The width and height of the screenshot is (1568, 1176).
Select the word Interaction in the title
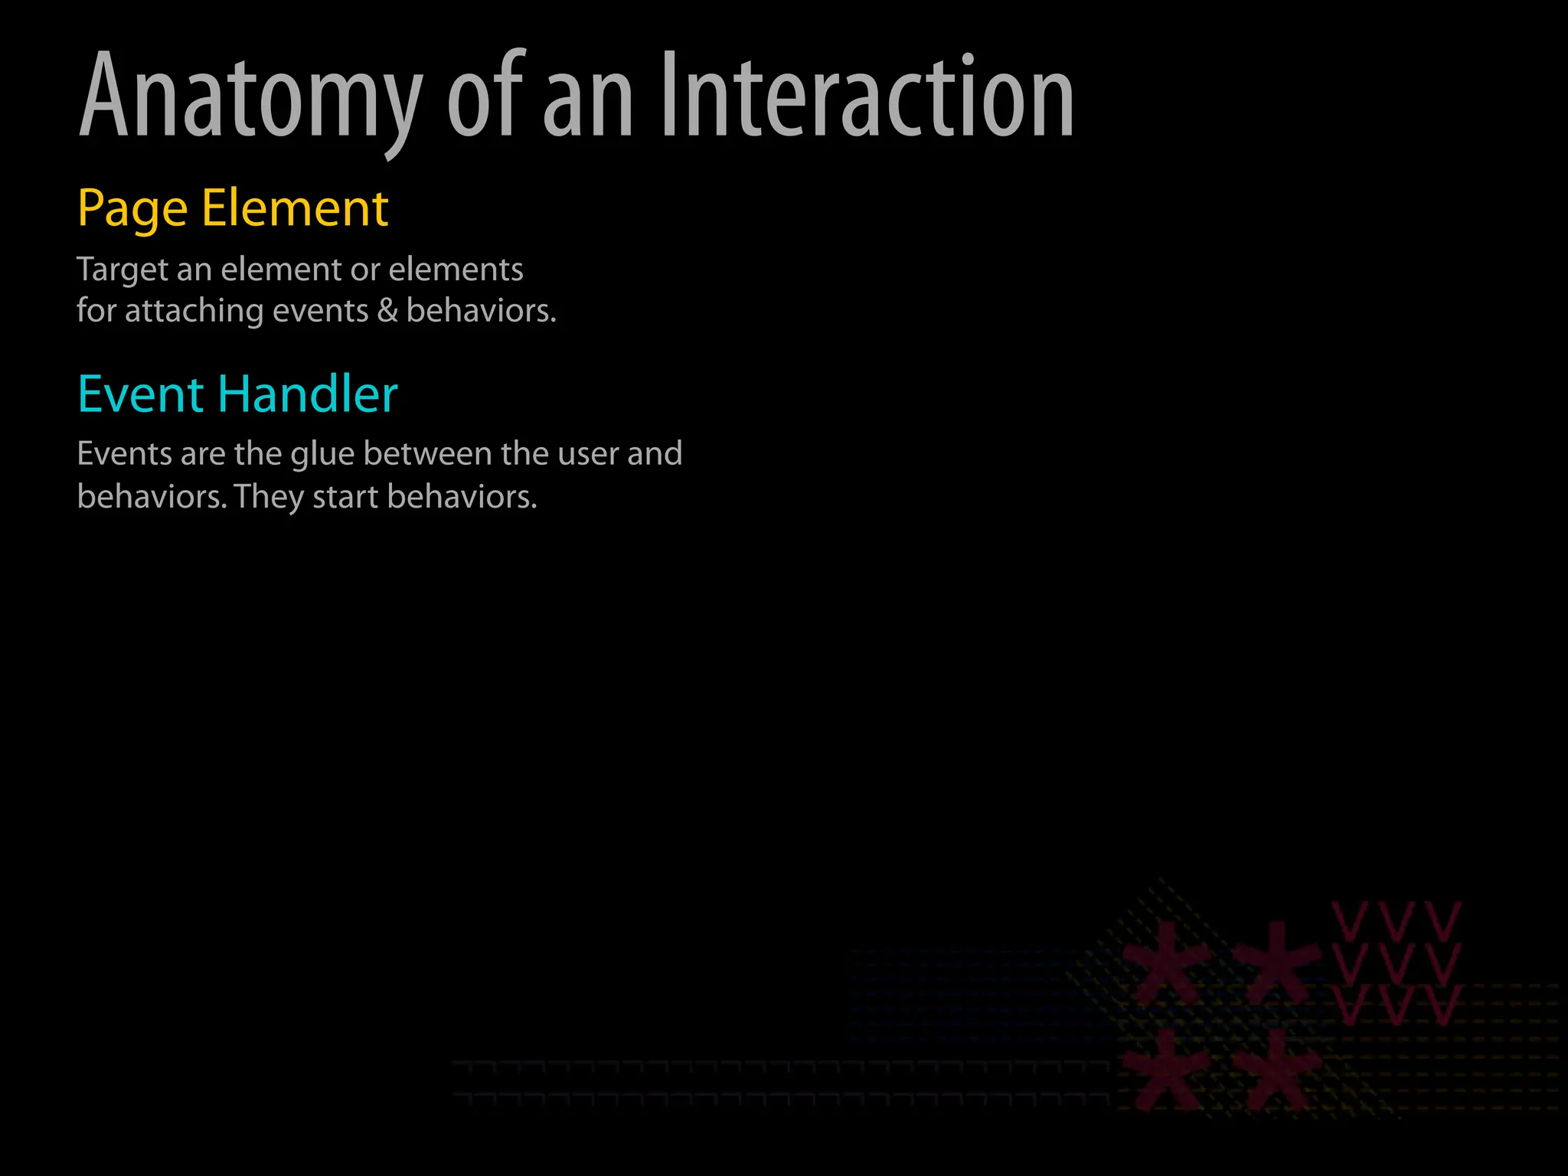[x=866, y=96]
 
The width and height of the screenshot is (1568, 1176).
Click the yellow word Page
[x=132, y=209]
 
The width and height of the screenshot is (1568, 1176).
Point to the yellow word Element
[x=295, y=208]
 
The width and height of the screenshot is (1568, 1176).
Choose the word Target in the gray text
[x=122, y=270]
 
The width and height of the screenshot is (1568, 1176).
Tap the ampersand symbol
[x=387, y=311]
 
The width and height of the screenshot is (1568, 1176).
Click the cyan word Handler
[x=307, y=394]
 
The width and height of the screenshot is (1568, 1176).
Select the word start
[x=346, y=498]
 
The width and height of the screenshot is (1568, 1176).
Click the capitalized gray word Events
[x=125, y=454]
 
